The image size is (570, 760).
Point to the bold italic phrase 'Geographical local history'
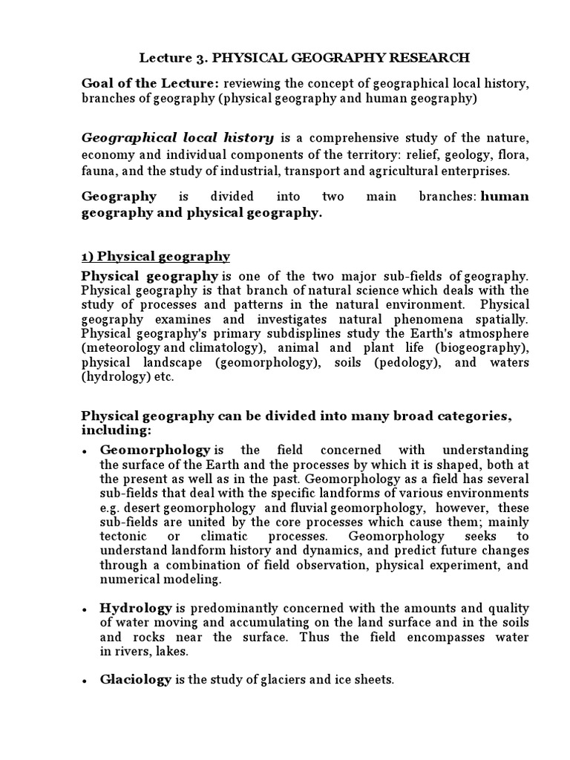click(x=177, y=138)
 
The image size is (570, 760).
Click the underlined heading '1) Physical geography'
click(x=155, y=257)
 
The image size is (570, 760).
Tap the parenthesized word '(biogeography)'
click(x=482, y=349)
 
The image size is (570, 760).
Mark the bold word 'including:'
click(x=116, y=430)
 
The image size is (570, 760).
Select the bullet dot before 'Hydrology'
click(x=86, y=609)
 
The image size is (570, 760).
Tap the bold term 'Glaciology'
click(x=136, y=679)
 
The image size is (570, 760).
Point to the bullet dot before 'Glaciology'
click(x=86, y=681)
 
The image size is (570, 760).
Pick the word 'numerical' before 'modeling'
click(x=131, y=579)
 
